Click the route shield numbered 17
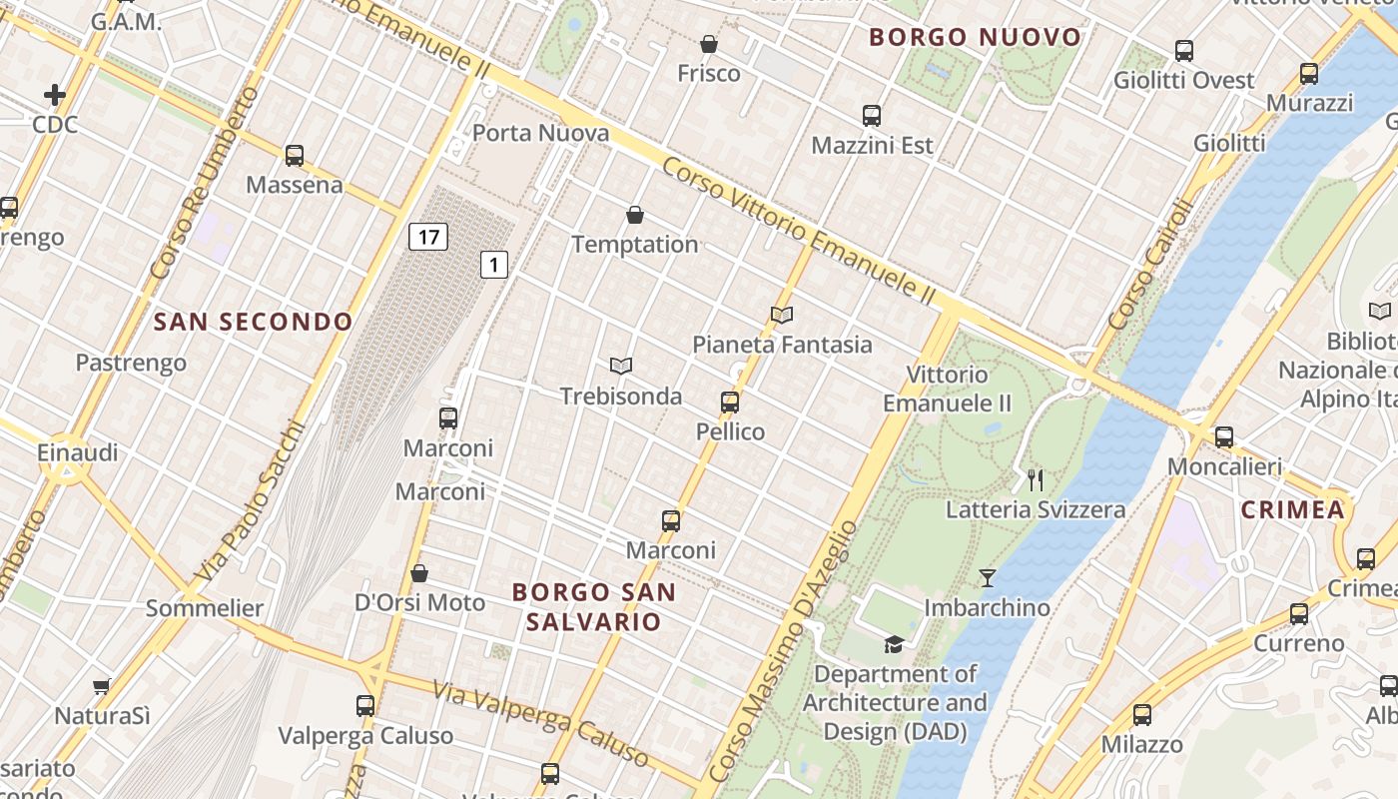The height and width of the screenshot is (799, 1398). pos(427,237)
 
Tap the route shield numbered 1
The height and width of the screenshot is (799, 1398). pos(493,265)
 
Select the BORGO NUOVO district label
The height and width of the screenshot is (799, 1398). pos(975,38)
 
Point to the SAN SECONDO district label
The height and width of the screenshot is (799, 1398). pos(254,322)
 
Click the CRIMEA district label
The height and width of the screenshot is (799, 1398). pos(1292,509)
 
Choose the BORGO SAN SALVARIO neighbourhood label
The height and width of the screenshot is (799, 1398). pos(593,606)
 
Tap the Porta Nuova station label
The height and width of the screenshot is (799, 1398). pos(540,133)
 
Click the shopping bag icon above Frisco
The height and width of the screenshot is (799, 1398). pos(708,44)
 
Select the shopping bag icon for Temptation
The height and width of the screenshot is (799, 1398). pos(634,215)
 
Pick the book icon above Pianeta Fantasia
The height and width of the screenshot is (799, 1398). pos(782,316)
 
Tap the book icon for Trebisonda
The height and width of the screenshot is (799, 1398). pos(621,367)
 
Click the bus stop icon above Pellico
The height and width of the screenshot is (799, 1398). pos(730,402)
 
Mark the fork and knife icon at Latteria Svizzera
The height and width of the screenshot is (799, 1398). pos(1036,480)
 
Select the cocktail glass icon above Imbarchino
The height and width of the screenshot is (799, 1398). pos(987,577)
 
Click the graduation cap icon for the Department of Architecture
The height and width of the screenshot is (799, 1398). pos(894,644)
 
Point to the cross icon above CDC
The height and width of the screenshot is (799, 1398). pos(55,95)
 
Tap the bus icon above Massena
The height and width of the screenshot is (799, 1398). pos(294,156)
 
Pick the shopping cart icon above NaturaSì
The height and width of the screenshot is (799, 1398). pos(101,686)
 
